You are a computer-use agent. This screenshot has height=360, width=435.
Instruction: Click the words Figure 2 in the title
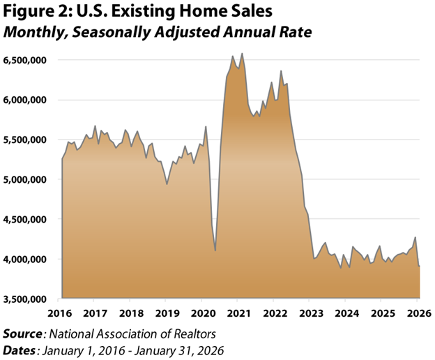point(35,13)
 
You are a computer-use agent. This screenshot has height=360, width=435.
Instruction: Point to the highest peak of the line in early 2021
point(242,54)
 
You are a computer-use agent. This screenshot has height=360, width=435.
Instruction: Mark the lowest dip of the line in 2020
point(215,250)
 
